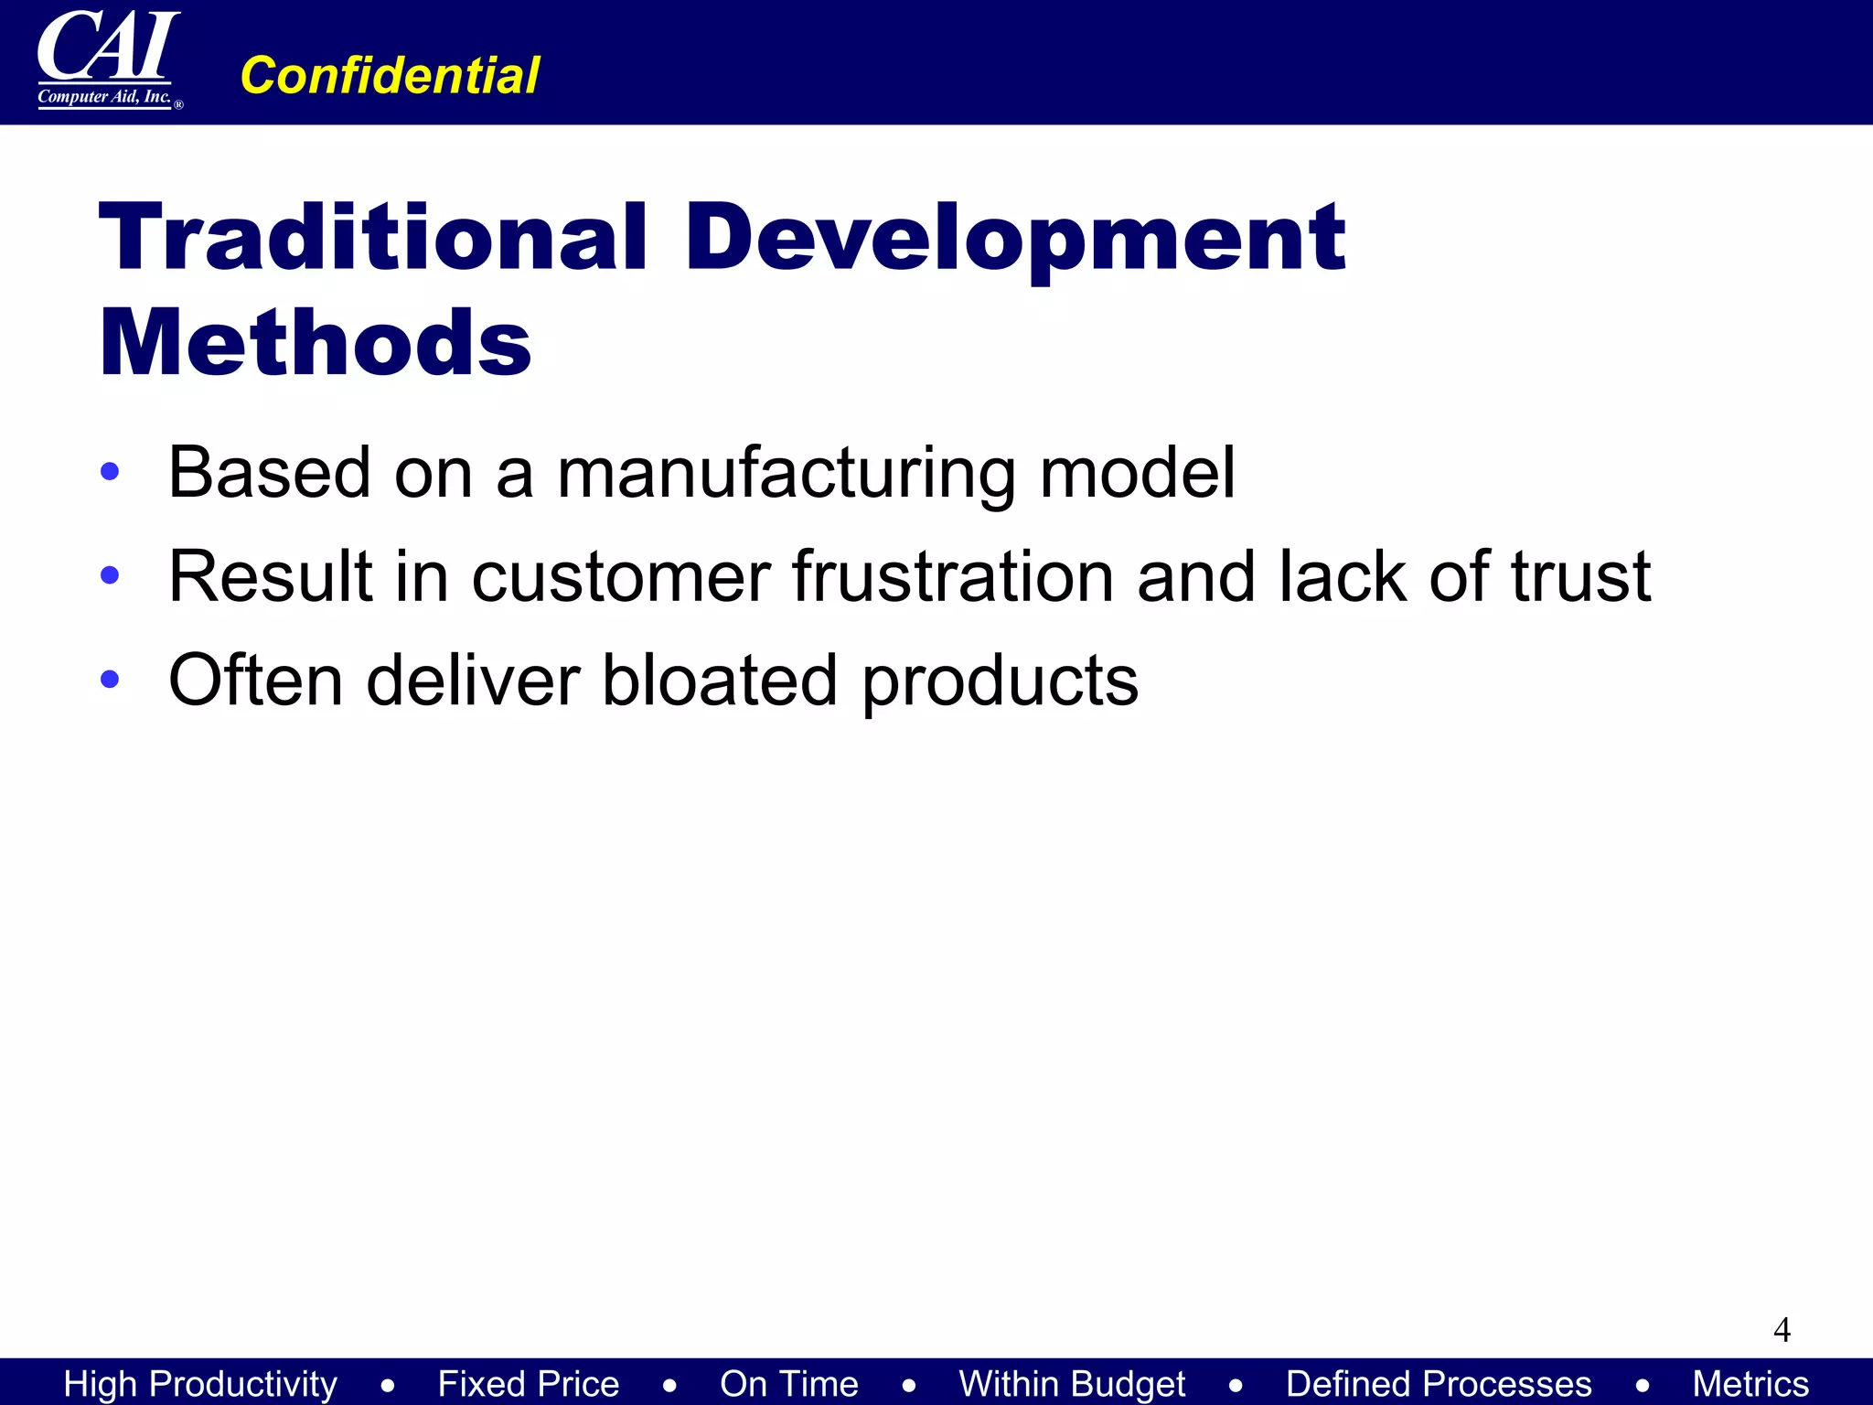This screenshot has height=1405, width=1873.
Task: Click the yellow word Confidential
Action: click(390, 75)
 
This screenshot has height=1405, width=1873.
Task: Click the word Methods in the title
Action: click(316, 343)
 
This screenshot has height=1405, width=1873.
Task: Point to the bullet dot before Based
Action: click(110, 472)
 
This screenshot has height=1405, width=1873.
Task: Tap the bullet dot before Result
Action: click(110, 575)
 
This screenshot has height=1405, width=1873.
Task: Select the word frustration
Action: click(953, 576)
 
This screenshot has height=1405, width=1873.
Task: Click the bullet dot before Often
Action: click(110, 679)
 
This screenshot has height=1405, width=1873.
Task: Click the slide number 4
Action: click(1782, 1329)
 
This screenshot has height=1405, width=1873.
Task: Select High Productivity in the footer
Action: click(200, 1383)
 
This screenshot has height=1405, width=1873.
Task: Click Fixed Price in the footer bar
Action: click(528, 1383)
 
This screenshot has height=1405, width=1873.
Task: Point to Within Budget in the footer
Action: click(1072, 1383)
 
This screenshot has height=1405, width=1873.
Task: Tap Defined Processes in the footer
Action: click(1439, 1383)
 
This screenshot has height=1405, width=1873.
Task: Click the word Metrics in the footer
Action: click(1750, 1383)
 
